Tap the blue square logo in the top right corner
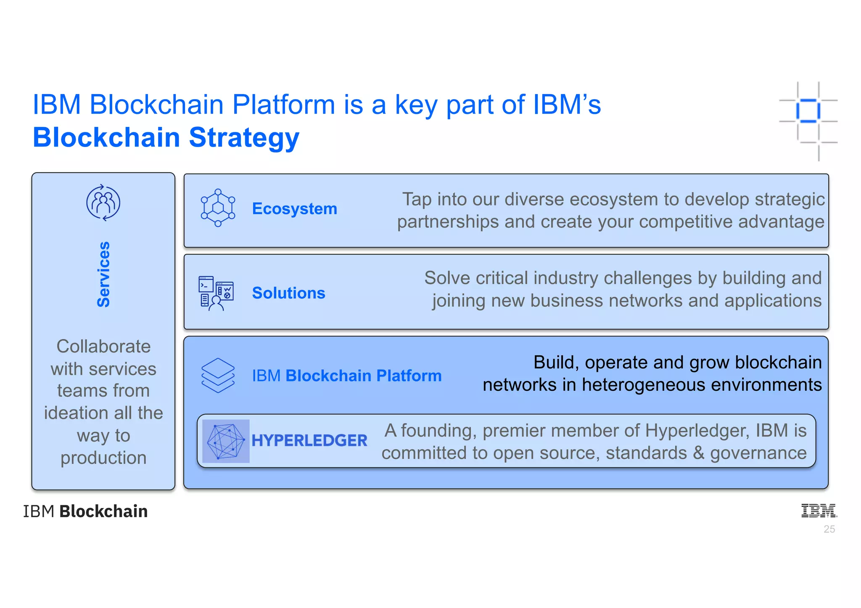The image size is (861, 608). pyautogui.click(x=808, y=111)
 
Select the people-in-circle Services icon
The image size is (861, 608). pyautogui.click(x=103, y=203)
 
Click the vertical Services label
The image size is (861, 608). pyautogui.click(x=103, y=274)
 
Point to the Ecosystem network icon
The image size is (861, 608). pyautogui.click(x=218, y=208)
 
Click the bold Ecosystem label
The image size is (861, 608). pyautogui.click(x=294, y=209)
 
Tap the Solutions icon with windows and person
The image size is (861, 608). pyautogui.click(x=216, y=293)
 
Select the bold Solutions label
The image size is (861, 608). pyautogui.click(x=288, y=293)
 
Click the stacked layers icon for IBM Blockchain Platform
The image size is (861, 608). pyautogui.click(x=218, y=375)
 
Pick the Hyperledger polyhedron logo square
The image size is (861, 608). pyautogui.click(x=226, y=441)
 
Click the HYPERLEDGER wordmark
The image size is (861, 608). pyautogui.click(x=309, y=440)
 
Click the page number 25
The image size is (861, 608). pyautogui.click(x=829, y=529)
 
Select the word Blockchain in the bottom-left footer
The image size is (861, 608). pyautogui.click(x=103, y=511)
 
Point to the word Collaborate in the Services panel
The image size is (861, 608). pyautogui.click(x=103, y=347)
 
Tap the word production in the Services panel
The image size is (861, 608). pyautogui.click(x=103, y=458)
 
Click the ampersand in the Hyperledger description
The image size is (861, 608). pyautogui.click(x=698, y=453)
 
